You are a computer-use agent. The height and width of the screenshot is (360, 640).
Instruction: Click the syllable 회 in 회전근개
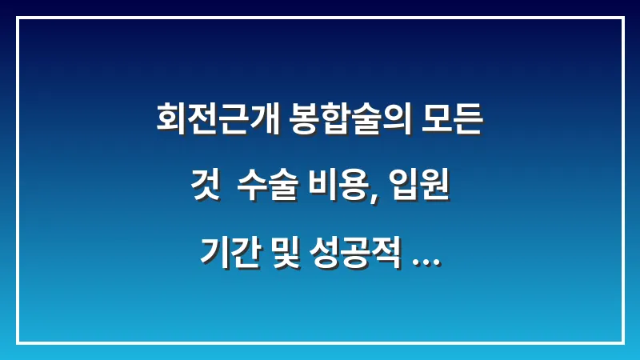point(169,122)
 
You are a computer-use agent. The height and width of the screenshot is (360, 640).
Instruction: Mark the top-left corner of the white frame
point(18,18)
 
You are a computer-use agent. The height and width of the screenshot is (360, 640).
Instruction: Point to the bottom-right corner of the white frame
point(622,342)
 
